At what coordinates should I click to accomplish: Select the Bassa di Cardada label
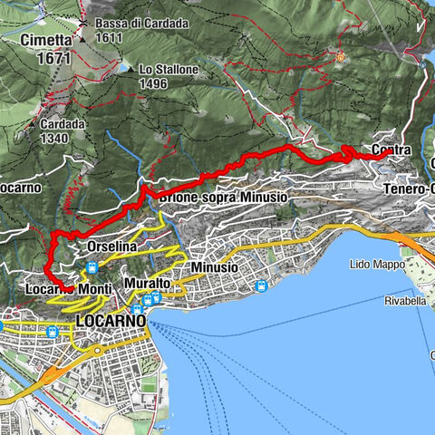tap(130, 24)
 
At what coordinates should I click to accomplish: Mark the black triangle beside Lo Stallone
tap(129, 69)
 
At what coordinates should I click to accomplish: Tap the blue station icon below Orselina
tap(92, 268)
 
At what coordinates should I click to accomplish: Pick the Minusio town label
tap(215, 268)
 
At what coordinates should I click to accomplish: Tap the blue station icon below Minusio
tap(261, 286)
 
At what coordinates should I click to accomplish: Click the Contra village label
tap(391, 150)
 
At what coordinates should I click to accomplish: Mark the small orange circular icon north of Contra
tap(341, 57)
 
